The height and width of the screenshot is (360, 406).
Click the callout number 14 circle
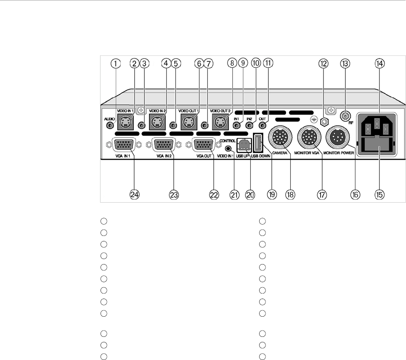(379, 64)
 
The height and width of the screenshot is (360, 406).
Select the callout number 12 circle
(323, 64)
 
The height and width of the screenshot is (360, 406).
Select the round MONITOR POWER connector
(339, 137)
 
